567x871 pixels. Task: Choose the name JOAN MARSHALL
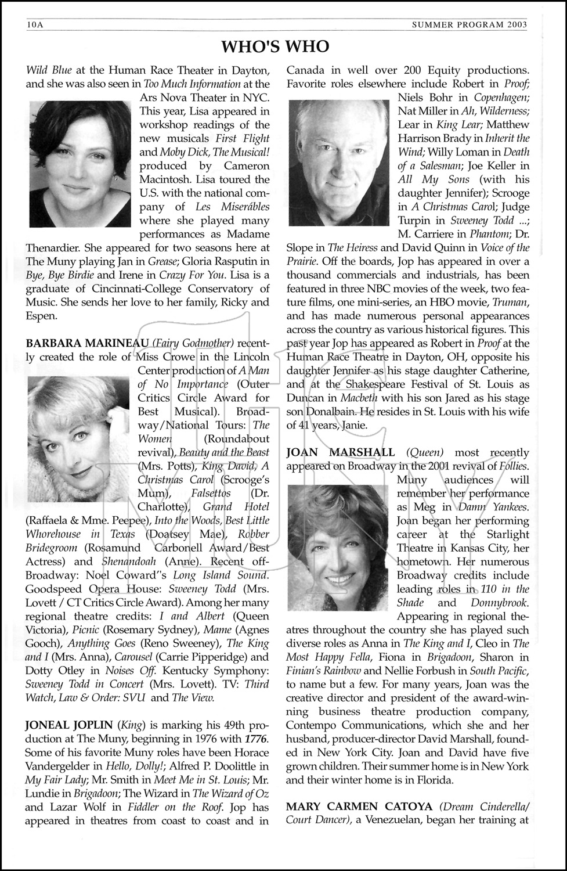(341, 452)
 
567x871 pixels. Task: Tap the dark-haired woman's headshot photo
(80, 165)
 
